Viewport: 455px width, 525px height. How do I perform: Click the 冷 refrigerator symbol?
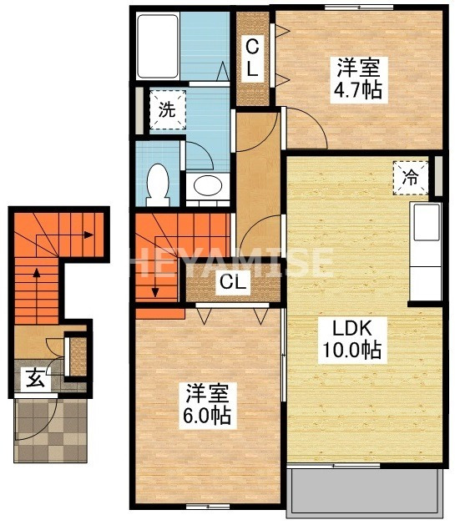click(x=410, y=177)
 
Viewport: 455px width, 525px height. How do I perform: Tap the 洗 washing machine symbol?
click(x=167, y=110)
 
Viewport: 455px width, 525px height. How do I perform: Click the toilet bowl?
click(x=157, y=184)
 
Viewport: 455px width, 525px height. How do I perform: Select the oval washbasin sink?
click(x=205, y=186)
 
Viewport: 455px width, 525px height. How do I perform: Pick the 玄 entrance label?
click(x=34, y=378)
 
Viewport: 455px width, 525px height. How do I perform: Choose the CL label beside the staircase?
click(x=233, y=283)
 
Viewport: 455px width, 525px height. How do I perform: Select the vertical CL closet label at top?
click(x=251, y=58)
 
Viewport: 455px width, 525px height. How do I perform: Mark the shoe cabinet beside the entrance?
click(x=77, y=354)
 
